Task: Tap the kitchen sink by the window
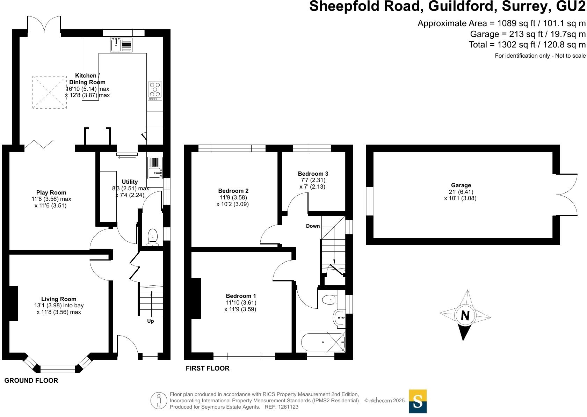pos(121,45)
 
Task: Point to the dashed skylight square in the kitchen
pos(50,92)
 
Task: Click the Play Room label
pos(51,192)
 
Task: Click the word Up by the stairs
pos(150,321)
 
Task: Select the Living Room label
pos(59,299)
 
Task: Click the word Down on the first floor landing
pos(313,226)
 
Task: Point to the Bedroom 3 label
pos(313,174)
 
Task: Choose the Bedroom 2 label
pos(233,191)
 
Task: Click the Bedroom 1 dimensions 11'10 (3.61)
pos(241,302)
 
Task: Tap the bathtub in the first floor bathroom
pos(322,342)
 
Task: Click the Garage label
pos(461,185)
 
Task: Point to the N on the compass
pos(465,316)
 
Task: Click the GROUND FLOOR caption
pos(31,381)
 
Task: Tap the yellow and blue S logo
pos(418,401)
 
